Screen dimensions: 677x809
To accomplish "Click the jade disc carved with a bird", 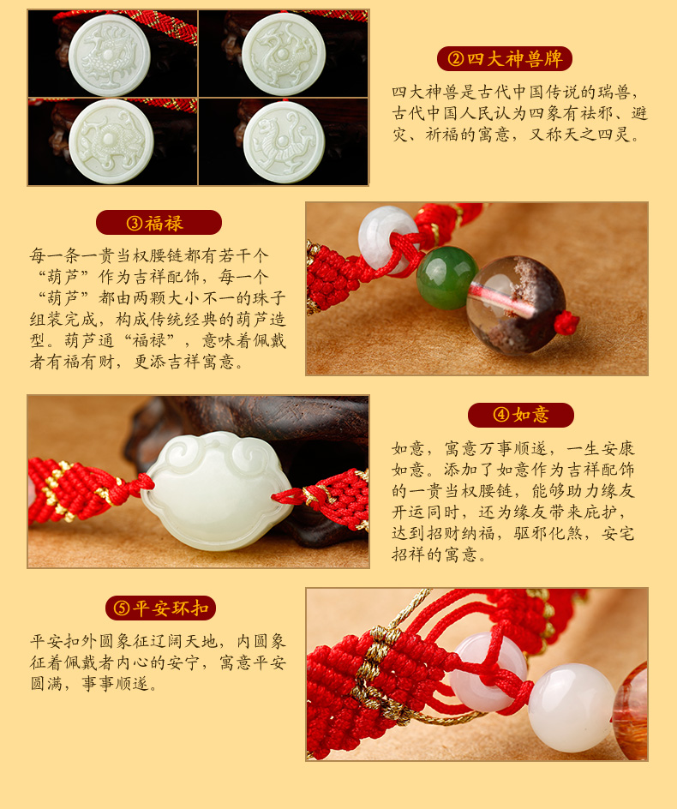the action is [x=110, y=55].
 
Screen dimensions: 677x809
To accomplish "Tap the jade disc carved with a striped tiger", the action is [x=284, y=142].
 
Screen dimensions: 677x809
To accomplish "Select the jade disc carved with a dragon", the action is [x=284, y=54].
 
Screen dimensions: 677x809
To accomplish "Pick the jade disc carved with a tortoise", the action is [x=111, y=141].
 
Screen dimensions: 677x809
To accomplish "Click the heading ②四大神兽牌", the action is [x=505, y=59].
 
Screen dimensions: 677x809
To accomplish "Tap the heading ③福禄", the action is [x=159, y=223].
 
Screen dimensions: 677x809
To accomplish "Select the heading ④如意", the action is [x=521, y=415].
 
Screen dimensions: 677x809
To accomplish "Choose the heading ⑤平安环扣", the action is [x=160, y=608].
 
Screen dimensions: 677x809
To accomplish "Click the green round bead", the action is [x=446, y=278].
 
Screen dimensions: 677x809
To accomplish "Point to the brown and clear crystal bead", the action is [x=516, y=305].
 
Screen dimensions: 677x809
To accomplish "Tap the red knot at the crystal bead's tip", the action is [x=566, y=323].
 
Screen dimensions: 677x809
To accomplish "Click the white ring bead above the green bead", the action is [x=388, y=238].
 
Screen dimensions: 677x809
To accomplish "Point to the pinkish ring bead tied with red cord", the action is [x=488, y=672].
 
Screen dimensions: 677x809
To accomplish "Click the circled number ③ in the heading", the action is [x=135, y=224].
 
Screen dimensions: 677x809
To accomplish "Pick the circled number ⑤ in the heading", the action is [x=122, y=608].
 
